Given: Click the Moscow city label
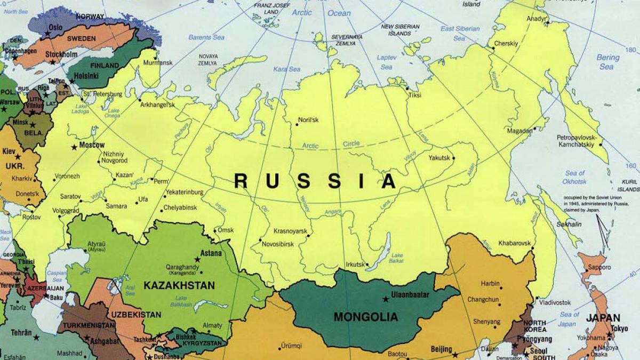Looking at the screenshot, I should point(92,145).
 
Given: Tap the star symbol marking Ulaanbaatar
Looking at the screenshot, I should point(386,299).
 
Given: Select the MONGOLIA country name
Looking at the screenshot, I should point(365,317).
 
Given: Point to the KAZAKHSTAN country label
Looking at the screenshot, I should point(179,285).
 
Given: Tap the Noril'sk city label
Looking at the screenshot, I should point(308,120).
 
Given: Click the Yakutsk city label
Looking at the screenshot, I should point(439,157).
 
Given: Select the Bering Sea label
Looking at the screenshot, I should point(607,62).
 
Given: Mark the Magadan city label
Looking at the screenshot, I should point(519,131).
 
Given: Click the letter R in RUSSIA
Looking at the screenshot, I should point(241,182).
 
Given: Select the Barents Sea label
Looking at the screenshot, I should point(206,37).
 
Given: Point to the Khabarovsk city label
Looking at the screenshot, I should point(514,243).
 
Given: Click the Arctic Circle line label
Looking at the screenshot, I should point(331,145).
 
